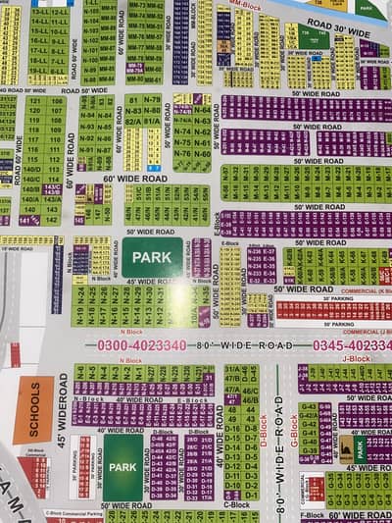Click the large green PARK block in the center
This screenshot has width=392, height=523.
152,257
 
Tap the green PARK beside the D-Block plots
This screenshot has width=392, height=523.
122,467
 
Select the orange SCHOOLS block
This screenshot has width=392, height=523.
34,410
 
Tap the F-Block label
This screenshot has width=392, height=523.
313,514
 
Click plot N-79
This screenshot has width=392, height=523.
152,100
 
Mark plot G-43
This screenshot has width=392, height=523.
308,406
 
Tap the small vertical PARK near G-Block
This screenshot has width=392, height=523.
360,449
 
